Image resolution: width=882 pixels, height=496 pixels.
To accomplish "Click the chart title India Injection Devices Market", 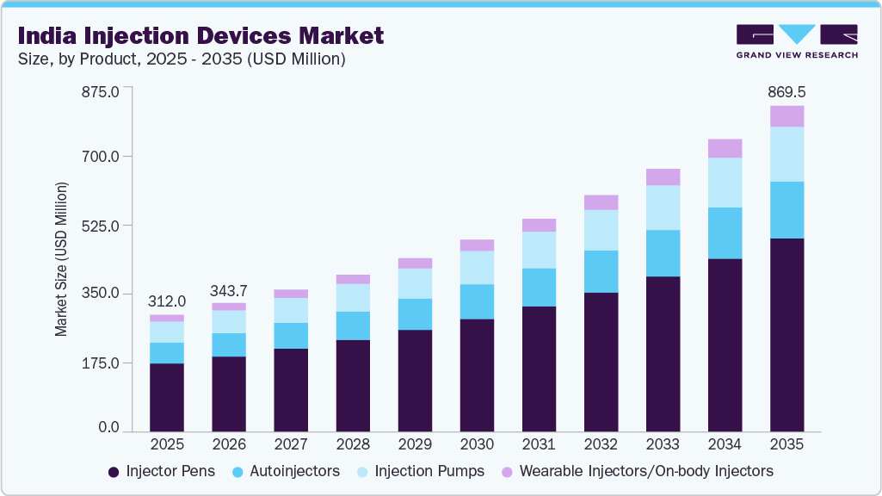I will click(x=200, y=35).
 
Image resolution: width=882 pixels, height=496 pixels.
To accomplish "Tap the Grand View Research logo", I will click(x=796, y=41).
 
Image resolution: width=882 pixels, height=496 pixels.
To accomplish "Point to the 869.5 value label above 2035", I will click(x=786, y=91).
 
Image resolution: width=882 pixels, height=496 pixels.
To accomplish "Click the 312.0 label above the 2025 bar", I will click(x=167, y=301).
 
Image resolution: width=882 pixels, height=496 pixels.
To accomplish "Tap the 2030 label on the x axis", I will click(x=477, y=444).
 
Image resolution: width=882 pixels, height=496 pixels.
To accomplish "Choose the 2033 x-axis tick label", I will click(x=663, y=444).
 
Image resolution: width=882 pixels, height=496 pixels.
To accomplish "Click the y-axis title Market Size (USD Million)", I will click(x=61, y=258).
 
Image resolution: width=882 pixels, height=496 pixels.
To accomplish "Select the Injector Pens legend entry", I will click(x=162, y=471).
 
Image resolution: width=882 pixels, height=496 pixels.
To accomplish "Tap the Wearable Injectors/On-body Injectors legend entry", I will click(x=637, y=471).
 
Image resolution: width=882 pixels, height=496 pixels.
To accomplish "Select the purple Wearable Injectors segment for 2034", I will click(x=725, y=148).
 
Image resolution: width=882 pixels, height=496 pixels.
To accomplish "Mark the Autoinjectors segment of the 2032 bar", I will click(x=601, y=271).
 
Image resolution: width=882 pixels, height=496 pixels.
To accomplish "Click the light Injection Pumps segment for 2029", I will click(x=415, y=283).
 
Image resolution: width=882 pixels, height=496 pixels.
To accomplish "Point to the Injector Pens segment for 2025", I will click(x=167, y=397).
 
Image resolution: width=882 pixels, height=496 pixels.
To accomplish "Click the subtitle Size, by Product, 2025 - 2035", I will click(x=181, y=59).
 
